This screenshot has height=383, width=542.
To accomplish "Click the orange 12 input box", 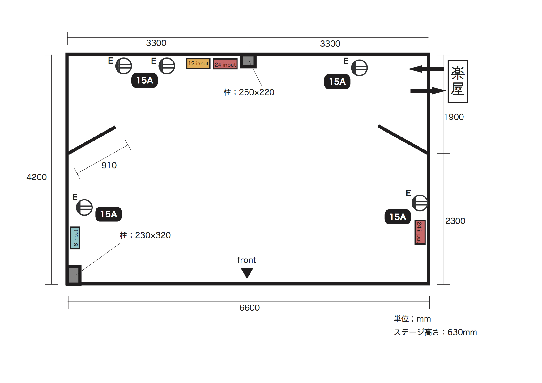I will (x=198, y=64).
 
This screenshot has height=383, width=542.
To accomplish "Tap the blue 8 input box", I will (x=75, y=238).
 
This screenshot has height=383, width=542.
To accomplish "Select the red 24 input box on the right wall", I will (x=420, y=232).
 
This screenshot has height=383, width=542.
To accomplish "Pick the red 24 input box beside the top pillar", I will (x=225, y=64).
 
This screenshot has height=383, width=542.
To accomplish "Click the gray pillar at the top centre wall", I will (x=248, y=61).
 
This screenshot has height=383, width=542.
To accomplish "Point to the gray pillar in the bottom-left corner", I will (x=74, y=275).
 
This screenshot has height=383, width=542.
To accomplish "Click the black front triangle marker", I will (x=247, y=273).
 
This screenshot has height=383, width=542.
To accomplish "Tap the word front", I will (x=246, y=260).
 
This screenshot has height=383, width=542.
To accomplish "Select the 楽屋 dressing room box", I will (x=458, y=81).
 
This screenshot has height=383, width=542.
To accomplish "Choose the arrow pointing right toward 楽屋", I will (x=428, y=90).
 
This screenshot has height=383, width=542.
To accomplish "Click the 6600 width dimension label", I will (x=250, y=308).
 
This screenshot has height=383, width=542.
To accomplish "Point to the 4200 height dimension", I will (x=36, y=177).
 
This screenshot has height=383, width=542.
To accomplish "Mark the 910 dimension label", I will (x=109, y=165).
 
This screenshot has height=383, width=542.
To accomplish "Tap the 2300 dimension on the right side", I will (x=455, y=221).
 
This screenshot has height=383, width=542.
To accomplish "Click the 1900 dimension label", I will (x=454, y=117).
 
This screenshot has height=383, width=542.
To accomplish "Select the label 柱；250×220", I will (x=249, y=92).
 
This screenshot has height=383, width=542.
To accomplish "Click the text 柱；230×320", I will (x=145, y=235).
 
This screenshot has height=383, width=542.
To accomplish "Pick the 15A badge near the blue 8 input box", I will (x=109, y=214).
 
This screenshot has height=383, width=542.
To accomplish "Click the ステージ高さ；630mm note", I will (x=435, y=332).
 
